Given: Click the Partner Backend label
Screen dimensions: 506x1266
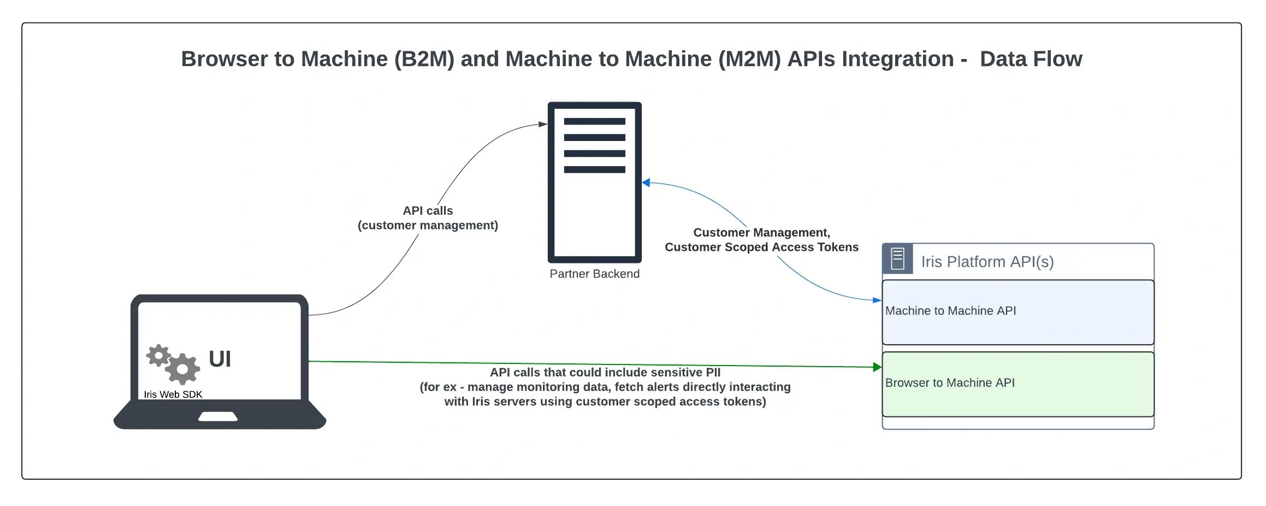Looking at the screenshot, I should click(594, 274).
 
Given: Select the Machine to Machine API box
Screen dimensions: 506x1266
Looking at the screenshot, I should click(1017, 312).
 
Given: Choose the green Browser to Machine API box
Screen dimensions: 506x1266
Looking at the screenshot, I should click(1017, 384).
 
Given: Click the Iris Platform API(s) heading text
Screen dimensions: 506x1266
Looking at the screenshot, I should click(987, 262).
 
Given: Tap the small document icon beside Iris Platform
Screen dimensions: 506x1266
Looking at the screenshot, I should click(897, 259).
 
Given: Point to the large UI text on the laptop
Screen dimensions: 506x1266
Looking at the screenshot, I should click(220, 359).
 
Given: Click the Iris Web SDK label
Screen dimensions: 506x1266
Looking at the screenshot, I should click(173, 395).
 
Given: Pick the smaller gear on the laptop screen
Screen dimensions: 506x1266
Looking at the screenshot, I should click(158, 355).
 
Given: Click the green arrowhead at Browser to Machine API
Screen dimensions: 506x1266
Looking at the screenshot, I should click(877, 367).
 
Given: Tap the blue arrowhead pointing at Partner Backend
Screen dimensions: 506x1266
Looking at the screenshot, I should click(646, 183).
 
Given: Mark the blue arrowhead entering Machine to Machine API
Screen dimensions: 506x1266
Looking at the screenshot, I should click(877, 300).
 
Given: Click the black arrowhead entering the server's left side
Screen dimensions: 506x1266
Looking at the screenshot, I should click(543, 124).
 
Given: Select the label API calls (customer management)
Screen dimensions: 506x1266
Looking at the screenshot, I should click(428, 218).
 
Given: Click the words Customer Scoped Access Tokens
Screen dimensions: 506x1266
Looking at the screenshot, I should click(761, 248).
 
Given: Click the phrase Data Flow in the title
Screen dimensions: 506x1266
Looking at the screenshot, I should click(1031, 59).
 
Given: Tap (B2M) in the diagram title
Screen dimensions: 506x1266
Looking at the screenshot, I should click(424, 59).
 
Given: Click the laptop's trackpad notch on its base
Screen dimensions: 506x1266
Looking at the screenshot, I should click(217, 417).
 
